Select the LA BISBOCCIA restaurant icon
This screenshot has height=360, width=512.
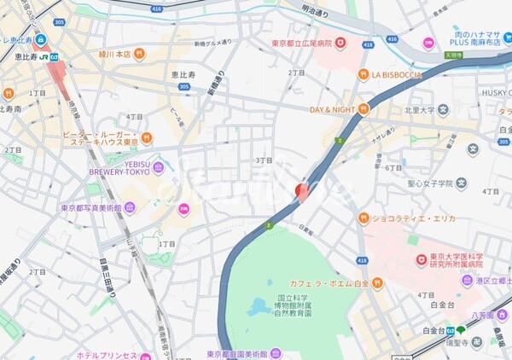point(363,74)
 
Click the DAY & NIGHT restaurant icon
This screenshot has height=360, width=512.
point(362,109)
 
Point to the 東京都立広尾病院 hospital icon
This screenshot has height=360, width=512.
point(340,43)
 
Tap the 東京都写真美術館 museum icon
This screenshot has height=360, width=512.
point(130,206)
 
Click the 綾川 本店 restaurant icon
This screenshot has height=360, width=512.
point(140,54)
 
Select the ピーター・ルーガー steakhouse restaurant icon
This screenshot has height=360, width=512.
point(147,137)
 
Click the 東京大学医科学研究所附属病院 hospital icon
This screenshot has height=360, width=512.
point(420,259)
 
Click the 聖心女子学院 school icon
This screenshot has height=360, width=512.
point(461,183)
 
